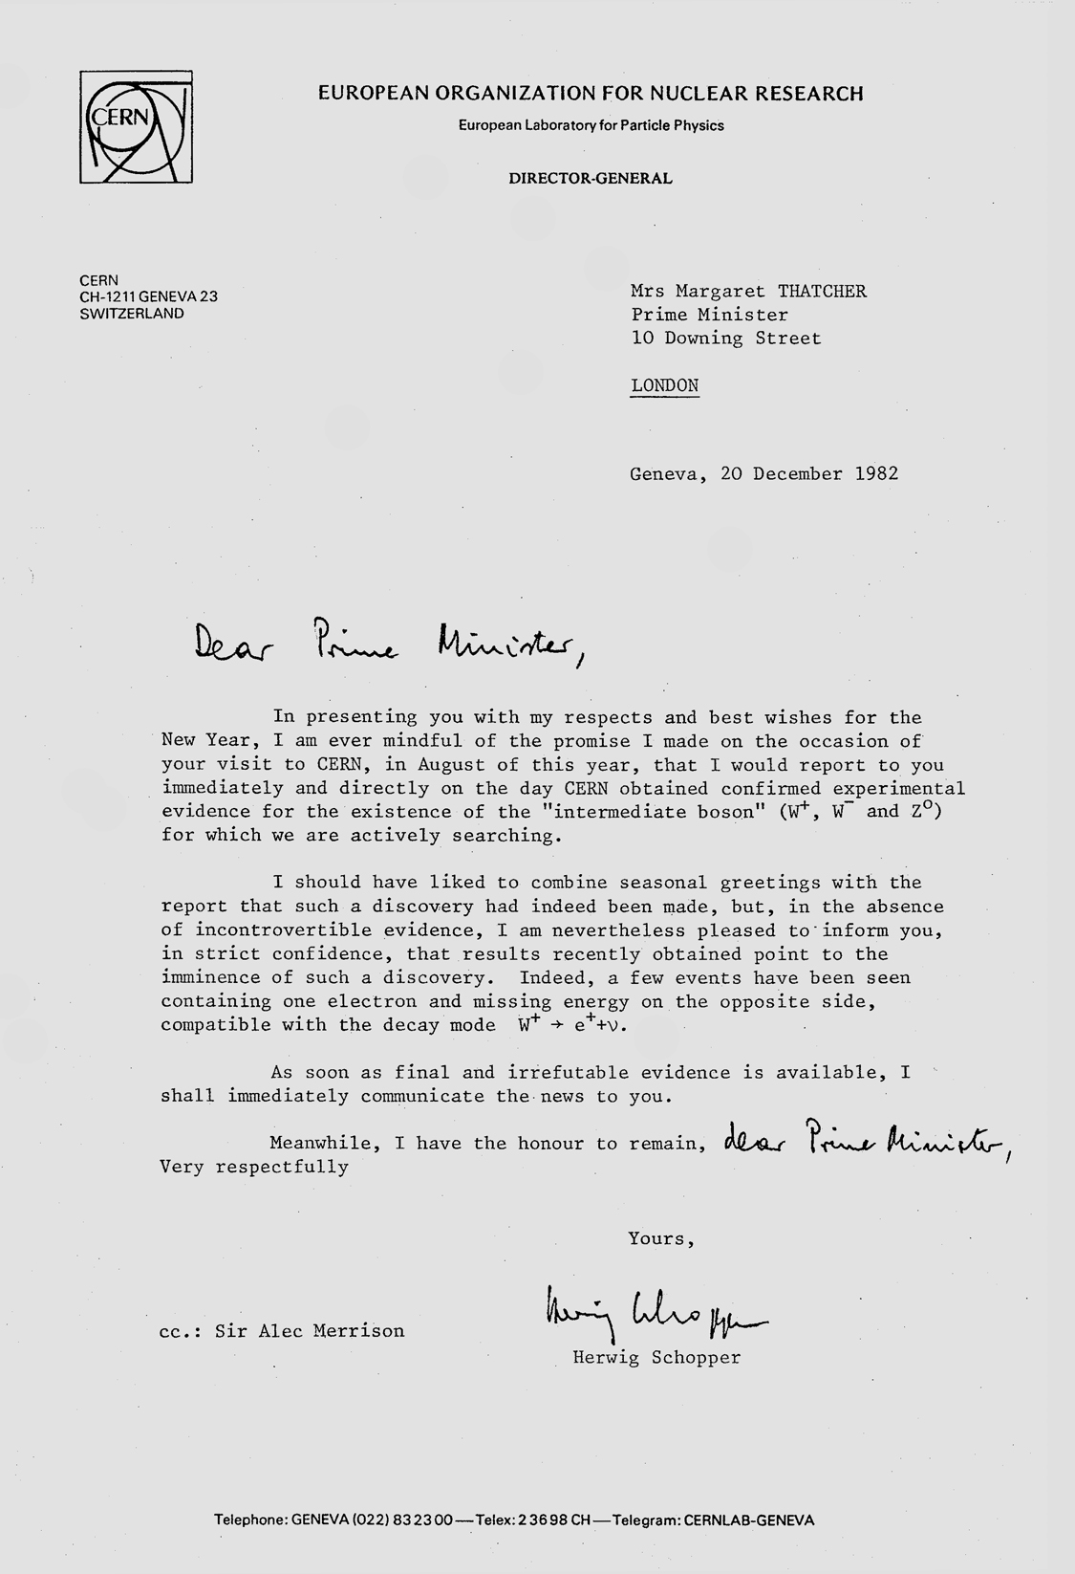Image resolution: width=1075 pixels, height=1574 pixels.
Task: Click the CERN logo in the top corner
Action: tap(136, 129)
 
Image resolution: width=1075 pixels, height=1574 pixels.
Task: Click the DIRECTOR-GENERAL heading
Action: tap(590, 178)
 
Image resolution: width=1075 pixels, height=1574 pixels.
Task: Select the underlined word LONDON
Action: tap(664, 385)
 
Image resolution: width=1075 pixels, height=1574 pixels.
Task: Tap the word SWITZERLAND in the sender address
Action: tap(132, 313)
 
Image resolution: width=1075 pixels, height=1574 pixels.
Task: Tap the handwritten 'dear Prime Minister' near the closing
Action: tap(866, 1139)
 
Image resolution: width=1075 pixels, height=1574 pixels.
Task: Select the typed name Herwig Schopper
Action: tap(656, 1357)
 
